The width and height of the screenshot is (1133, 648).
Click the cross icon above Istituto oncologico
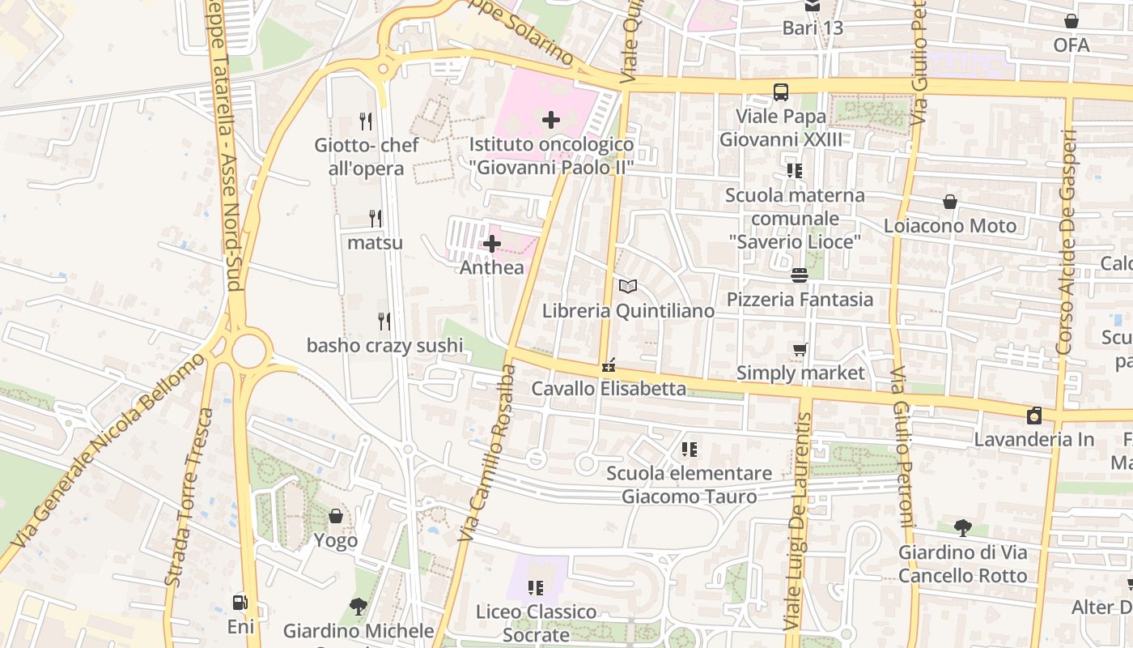551,121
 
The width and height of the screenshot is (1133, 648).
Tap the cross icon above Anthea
492,244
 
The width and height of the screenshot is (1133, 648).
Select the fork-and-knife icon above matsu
376,219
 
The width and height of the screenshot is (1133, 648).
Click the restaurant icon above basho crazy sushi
384,322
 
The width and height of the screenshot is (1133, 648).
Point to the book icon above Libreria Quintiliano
628,286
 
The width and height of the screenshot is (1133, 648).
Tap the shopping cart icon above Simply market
800,349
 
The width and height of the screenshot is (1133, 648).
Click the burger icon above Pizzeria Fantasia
800,275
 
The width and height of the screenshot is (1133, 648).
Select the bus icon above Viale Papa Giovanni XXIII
781,92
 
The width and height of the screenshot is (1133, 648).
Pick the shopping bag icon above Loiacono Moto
950,202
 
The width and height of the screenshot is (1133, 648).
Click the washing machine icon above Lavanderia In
1034,416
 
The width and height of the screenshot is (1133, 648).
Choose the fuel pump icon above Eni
240,603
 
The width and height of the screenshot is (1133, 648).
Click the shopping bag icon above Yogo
336,516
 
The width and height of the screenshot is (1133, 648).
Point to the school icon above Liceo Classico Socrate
536,587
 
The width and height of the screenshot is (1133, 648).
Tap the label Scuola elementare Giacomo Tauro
690,484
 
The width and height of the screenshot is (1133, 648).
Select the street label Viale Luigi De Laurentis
797,522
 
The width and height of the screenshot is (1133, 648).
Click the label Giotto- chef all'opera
367,157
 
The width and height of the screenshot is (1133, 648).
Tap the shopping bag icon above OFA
1071,22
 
